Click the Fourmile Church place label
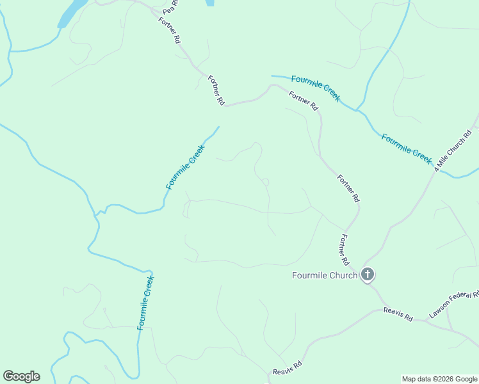(324, 276)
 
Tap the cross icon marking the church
(368, 275)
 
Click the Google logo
(21, 376)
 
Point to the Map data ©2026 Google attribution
(439, 379)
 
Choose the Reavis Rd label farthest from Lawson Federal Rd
(287, 369)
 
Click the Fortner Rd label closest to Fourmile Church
(344, 250)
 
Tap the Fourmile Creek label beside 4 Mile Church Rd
(407, 148)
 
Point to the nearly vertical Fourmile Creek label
(146, 303)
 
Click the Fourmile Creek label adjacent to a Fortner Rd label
(315, 88)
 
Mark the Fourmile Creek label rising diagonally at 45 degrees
(186, 167)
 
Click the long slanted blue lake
(72, 13)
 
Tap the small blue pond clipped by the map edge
(209, 3)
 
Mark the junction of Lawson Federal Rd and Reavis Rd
(427, 319)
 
